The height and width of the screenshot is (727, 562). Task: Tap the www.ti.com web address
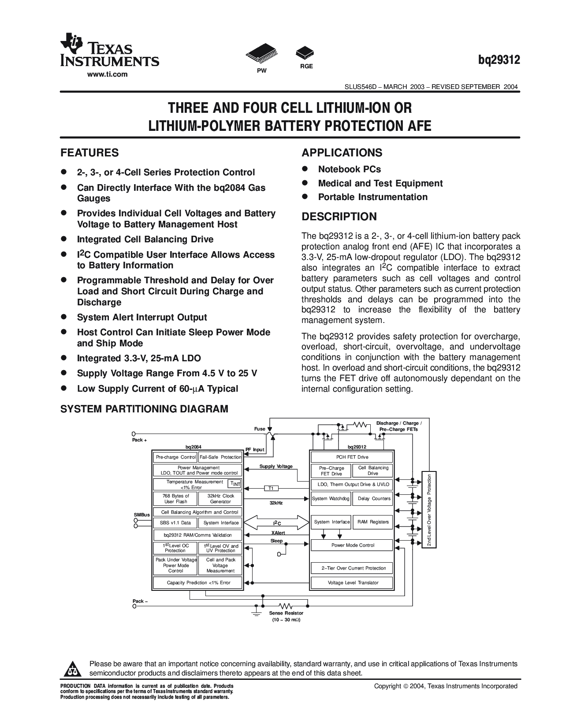pos(107,74)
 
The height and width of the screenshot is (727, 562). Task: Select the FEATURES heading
pos(89,153)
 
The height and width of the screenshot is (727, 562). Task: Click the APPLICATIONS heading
pos(342,153)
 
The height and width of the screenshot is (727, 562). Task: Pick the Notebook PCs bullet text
pos(349,169)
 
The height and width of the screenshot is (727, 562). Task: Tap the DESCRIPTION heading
pos(339,217)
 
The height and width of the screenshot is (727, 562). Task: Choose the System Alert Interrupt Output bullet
pos(141,317)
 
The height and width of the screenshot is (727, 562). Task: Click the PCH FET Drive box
pos(352,457)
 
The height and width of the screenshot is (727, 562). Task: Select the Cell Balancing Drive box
pos(373,471)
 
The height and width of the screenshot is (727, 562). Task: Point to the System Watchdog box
pos(331,499)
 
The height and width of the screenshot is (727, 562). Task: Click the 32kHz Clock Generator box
pos(220,499)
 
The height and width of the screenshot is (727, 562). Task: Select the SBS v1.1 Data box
pos(175,523)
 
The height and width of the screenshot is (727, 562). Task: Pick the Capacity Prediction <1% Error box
pos(197,582)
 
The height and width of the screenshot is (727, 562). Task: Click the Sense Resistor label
pos(286,613)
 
